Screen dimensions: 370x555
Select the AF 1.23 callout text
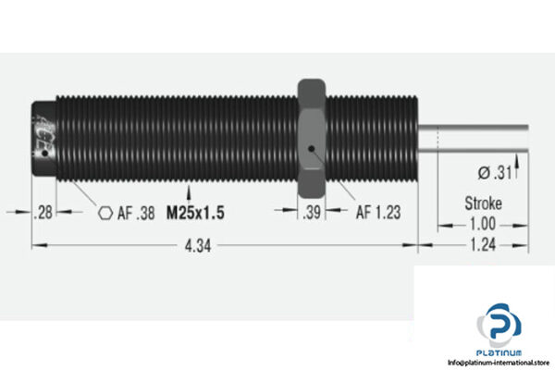coord(379,213)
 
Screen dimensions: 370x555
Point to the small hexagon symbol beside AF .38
coord(105,213)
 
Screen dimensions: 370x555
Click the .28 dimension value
coord(43,213)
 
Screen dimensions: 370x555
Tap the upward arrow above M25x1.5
coord(190,192)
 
